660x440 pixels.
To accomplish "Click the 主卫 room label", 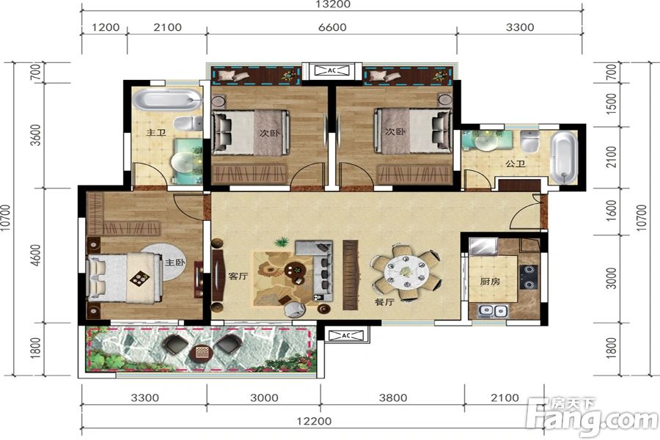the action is [x=156, y=133].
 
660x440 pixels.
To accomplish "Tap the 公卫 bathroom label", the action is [x=516, y=164].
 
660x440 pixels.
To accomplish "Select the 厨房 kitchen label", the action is [x=490, y=281].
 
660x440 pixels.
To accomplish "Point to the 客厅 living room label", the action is [x=238, y=276].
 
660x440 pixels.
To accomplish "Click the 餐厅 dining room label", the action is [x=384, y=301].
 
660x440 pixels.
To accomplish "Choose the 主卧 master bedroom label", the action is [x=175, y=263].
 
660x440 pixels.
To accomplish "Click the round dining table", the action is [x=406, y=271].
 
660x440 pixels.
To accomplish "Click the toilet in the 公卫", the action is [x=530, y=141].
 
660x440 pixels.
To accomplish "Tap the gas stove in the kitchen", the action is [x=528, y=276].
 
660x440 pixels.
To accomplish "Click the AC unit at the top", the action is [x=332, y=70].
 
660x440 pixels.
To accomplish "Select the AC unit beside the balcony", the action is [x=346, y=335].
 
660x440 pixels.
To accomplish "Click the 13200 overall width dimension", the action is [x=332, y=4].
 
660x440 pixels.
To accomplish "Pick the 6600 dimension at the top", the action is [x=332, y=27].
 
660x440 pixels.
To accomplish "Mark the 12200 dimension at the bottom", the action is [x=314, y=421].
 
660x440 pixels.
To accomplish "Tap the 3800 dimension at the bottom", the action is [x=393, y=397].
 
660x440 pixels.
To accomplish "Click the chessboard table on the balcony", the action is [x=201, y=352].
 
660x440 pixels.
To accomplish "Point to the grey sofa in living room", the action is [x=319, y=268].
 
